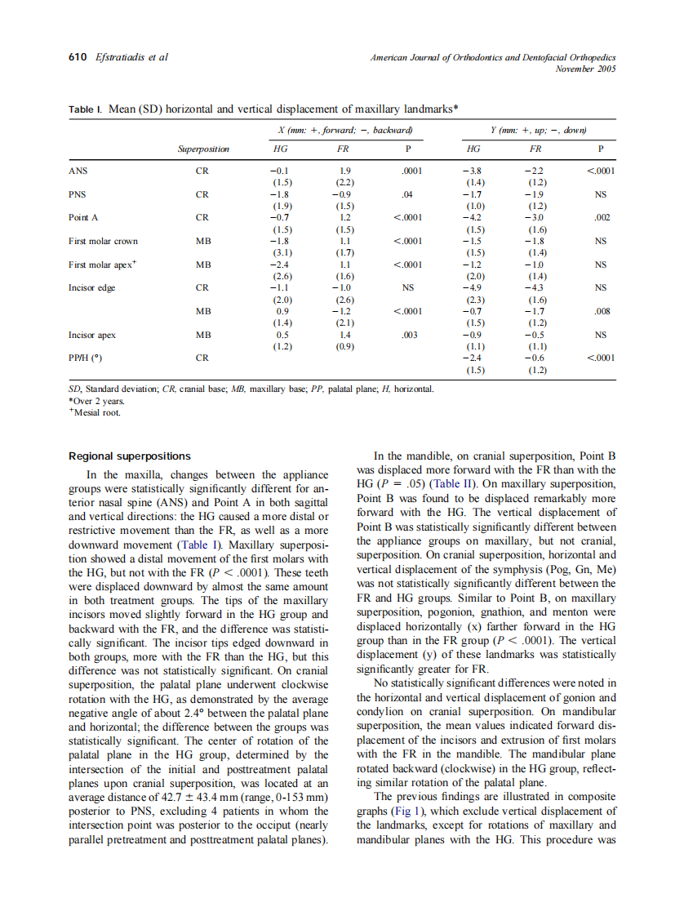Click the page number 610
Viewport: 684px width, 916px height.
click(x=77, y=57)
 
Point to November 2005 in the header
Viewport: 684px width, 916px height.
click(x=585, y=69)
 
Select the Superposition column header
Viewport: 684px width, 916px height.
click(x=203, y=149)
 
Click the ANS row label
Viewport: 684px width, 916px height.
click(x=78, y=171)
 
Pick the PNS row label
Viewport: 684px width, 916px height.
click(x=78, y=195)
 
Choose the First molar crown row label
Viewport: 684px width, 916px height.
click(x=103, y=241)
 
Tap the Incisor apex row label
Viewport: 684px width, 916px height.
click(x=92, y=334)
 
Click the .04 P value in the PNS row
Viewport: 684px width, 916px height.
click(x=408, y=195)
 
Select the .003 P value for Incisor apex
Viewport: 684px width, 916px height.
click(x=408, y=334)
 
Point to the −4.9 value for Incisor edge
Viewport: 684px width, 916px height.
click(x=473, y=287)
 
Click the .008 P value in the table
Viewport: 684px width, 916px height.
click(x=601, y=311)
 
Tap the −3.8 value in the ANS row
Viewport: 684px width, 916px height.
click(x=473, y=171)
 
